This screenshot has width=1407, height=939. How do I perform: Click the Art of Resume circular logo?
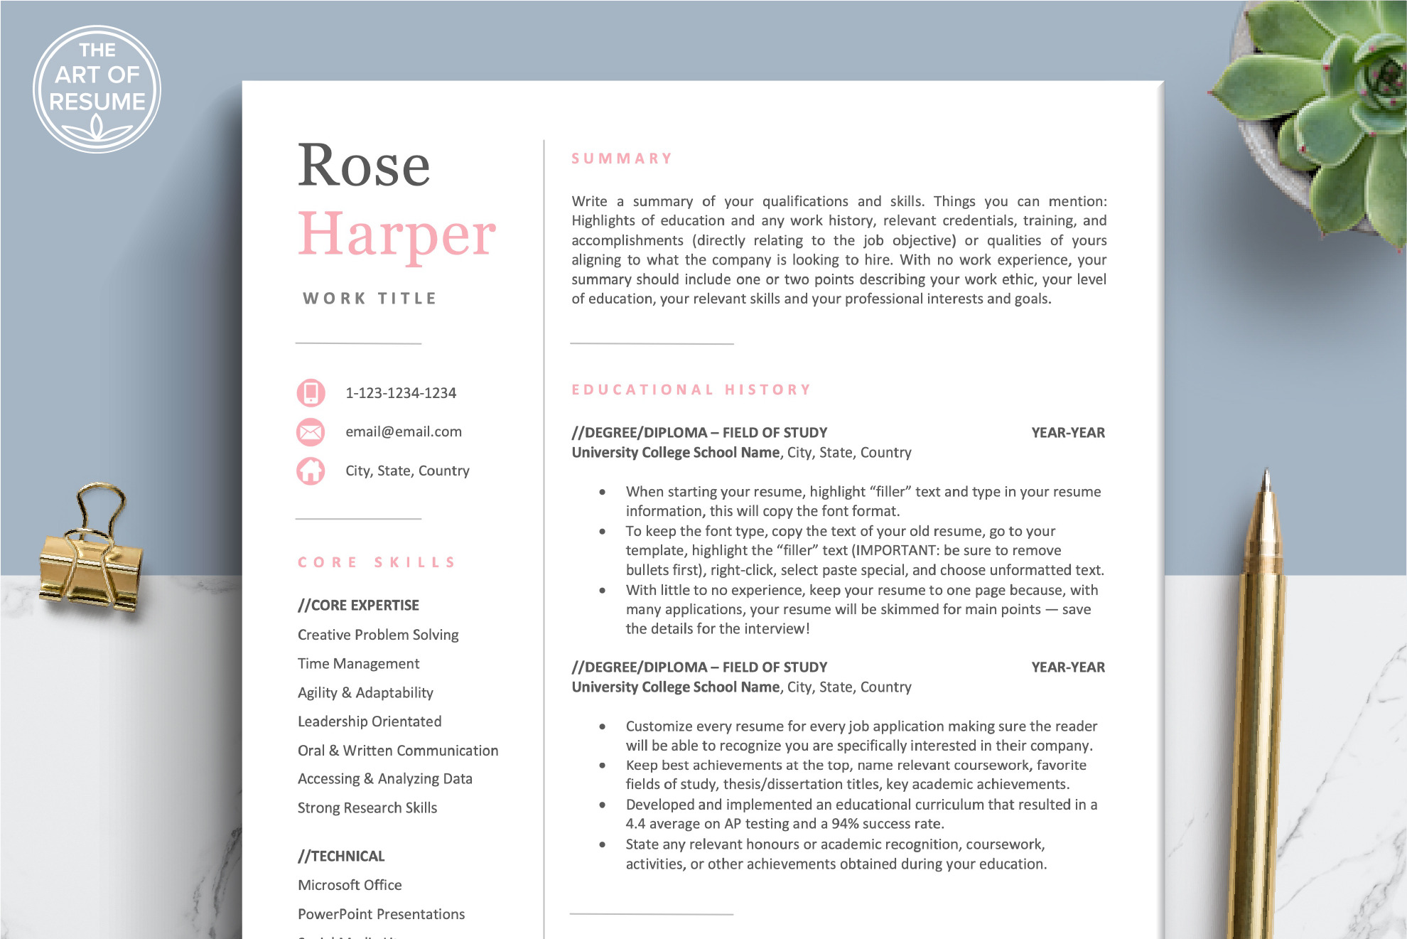[x=97, y=89]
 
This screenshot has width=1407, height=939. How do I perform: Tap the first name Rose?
[x=363, y=166]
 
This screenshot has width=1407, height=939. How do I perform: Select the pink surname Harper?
[x=397, y=235]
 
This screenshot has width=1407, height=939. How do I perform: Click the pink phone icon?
[x=311, y=392]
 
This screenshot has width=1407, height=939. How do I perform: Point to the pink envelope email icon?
[x=311, y=431]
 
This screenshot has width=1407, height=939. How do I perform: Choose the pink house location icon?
[x=311, y=471]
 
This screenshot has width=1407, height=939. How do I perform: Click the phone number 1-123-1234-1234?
[x=401, y=393]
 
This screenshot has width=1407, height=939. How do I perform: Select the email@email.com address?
[x=404, y=431]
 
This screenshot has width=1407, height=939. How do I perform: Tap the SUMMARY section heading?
[x=622, y=159]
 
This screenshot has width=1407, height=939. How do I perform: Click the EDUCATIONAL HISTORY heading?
[x=691, y=390]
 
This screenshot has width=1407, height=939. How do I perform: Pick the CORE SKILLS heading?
[x=377, y=562]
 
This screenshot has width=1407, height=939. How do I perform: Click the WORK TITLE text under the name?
[x=370, y=299]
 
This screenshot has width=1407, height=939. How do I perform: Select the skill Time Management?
[x=358, y=664]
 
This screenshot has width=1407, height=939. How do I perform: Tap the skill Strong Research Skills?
[x=367, y=808]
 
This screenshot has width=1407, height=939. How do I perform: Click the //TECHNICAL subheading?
[x=341, y=857]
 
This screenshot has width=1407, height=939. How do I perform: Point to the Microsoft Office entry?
[x=350, y=886]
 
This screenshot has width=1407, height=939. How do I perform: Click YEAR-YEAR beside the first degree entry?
[x=1067, y=433]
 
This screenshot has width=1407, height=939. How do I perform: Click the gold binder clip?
[x=91, y=562]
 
